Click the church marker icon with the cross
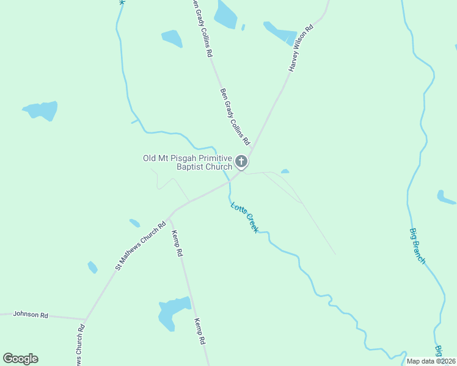click(241, 162)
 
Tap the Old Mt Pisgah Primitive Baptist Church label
click(188, 162)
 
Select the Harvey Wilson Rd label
click(301, 49)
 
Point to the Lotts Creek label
click(244, 216)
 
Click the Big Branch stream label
click(417, 246)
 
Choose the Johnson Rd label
click(31, 315)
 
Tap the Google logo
click(21, 359)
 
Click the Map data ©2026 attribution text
click(431, 361)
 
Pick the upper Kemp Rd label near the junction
click(177, 243)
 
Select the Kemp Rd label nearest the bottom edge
click(199, 332)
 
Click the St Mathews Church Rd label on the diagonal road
click(141, 245)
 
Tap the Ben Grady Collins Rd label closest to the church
click(235, 117)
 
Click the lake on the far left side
click(42, 110)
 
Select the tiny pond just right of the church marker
click(285, 171)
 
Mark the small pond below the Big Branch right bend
click(445, 197)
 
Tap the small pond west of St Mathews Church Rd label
click(92, 267)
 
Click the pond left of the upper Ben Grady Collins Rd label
click(172, 38)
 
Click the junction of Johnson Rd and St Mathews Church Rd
click(86, 319)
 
